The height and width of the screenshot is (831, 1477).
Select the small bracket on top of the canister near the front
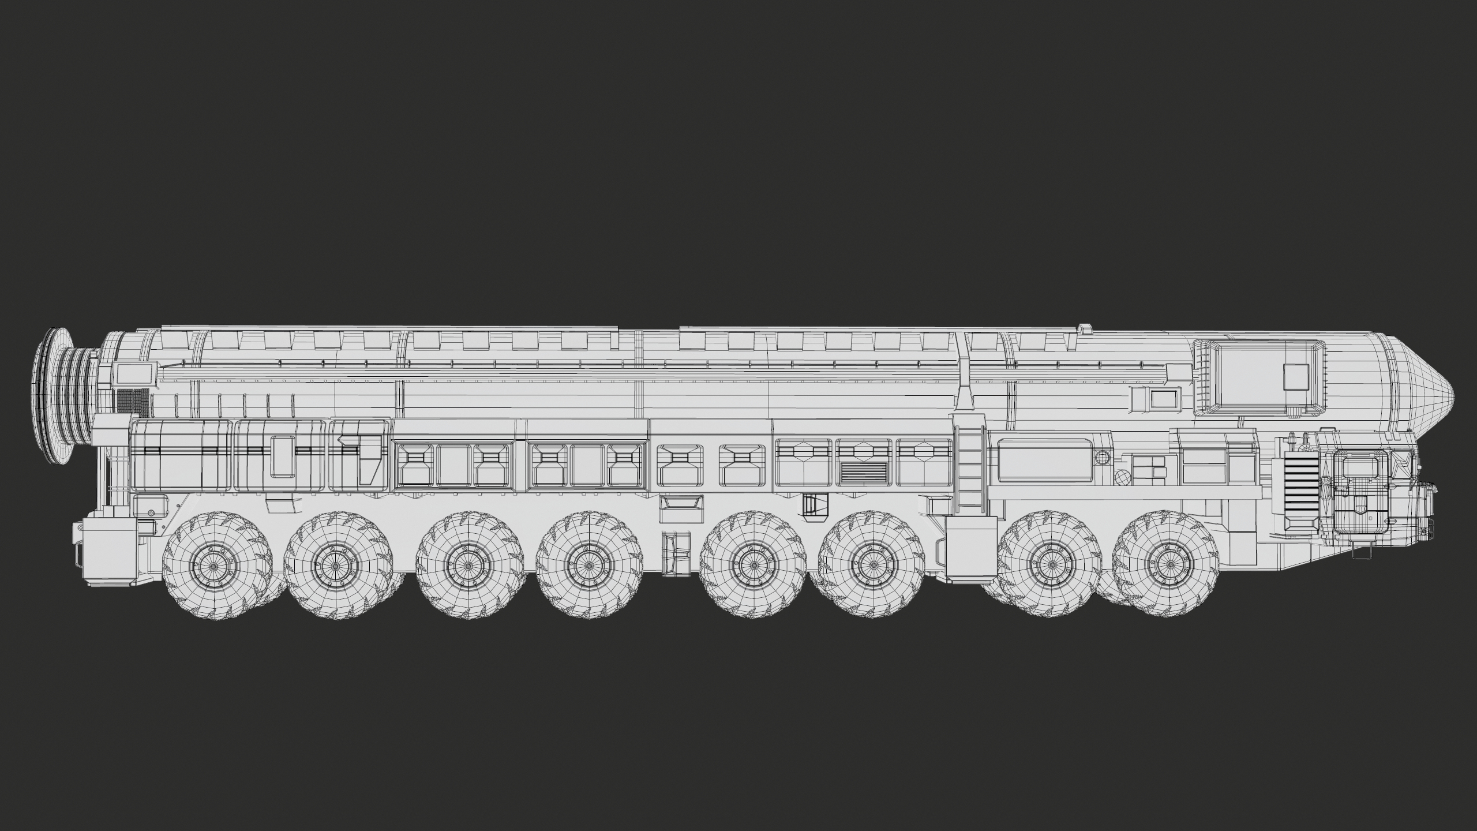(1086, 329)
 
